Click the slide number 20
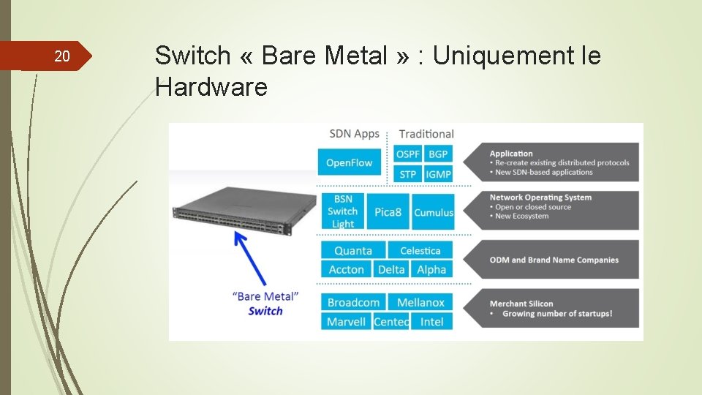[62, 56]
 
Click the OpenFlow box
[350, 162]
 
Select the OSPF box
[408, 154]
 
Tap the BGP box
[438, 154]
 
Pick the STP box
[408, 174]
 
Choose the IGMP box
[438, 174]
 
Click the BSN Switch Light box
[342, 211]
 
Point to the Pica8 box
[388, 212]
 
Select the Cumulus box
[433, 212]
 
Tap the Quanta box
[353, 250]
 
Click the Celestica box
[420, 250]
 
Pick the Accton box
[347, 269]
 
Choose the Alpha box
[431, 269]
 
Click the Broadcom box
[354, 302]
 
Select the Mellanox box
[420, 302]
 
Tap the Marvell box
[347, 321]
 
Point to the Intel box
[432, 321]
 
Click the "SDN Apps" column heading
[355, 133]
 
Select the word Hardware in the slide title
[211, 88]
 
